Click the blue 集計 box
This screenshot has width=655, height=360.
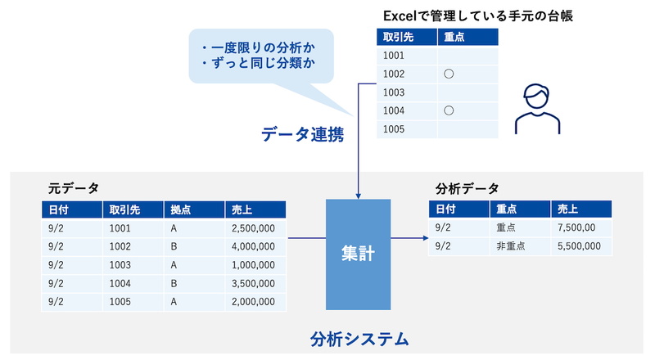(358, 254)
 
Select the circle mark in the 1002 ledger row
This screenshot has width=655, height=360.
(449, 74)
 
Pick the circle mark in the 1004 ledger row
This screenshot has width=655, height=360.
(449, 110)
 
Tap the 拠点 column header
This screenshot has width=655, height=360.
(194, 209)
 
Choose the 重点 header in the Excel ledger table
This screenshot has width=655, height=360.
(468, 37)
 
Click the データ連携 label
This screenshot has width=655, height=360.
(303, 134)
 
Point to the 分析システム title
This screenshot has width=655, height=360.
(359, 339)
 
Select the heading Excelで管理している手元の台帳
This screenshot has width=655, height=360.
(478, 16)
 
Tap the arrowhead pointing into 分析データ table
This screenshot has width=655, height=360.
(426, 238)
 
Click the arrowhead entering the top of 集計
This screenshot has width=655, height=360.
(358, 196)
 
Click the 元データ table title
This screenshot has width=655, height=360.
(74, 188)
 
